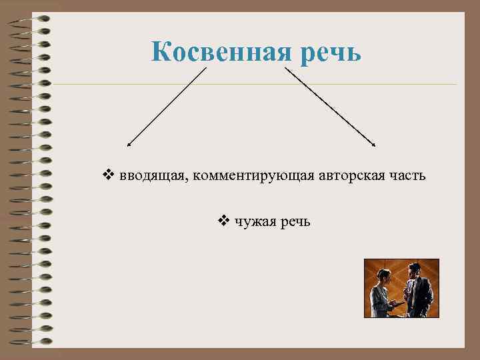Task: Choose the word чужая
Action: (x=256, y=221)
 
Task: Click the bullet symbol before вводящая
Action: (x=109, y=176)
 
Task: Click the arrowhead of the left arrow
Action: (x=129, y=144)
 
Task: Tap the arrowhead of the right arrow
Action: (x=375, y=144)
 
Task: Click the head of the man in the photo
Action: (x=413, y=269)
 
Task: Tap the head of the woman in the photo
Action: (x=384, y=276)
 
